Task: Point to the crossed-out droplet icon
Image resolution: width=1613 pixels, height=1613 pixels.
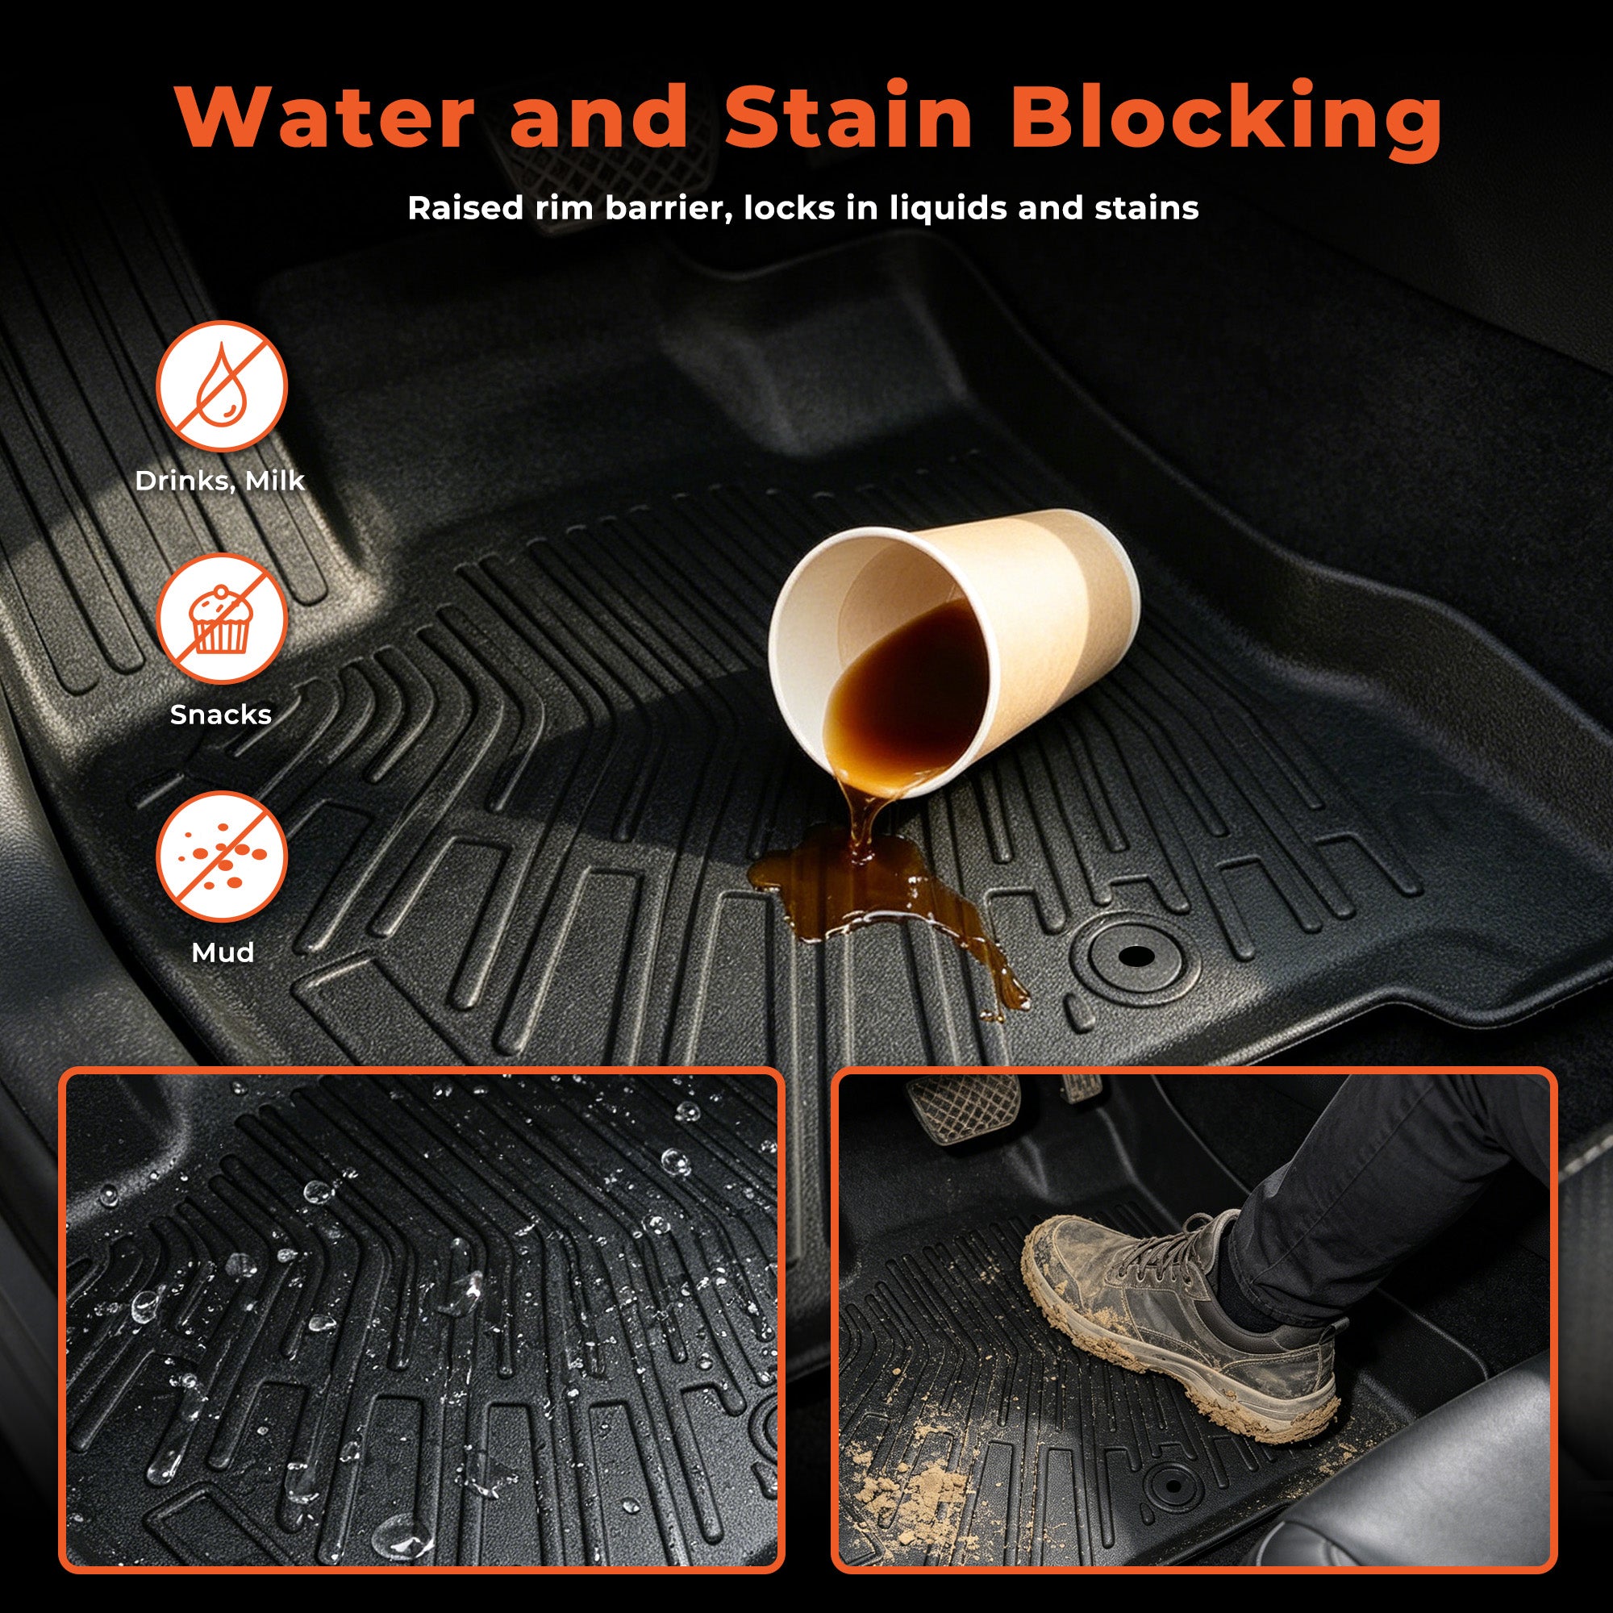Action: pos(221,386)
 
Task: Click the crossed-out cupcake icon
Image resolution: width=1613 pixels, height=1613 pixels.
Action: pos(221,619)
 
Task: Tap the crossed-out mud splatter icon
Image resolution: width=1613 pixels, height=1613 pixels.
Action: pos(221,857)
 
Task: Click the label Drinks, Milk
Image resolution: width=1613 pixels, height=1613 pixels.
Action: pos(220,481)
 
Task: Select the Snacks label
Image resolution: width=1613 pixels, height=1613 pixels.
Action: pos(221,715)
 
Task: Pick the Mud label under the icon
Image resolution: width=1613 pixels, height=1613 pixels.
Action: pos(222,952)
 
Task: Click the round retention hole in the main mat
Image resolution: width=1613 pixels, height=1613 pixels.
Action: pos(1136,957)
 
